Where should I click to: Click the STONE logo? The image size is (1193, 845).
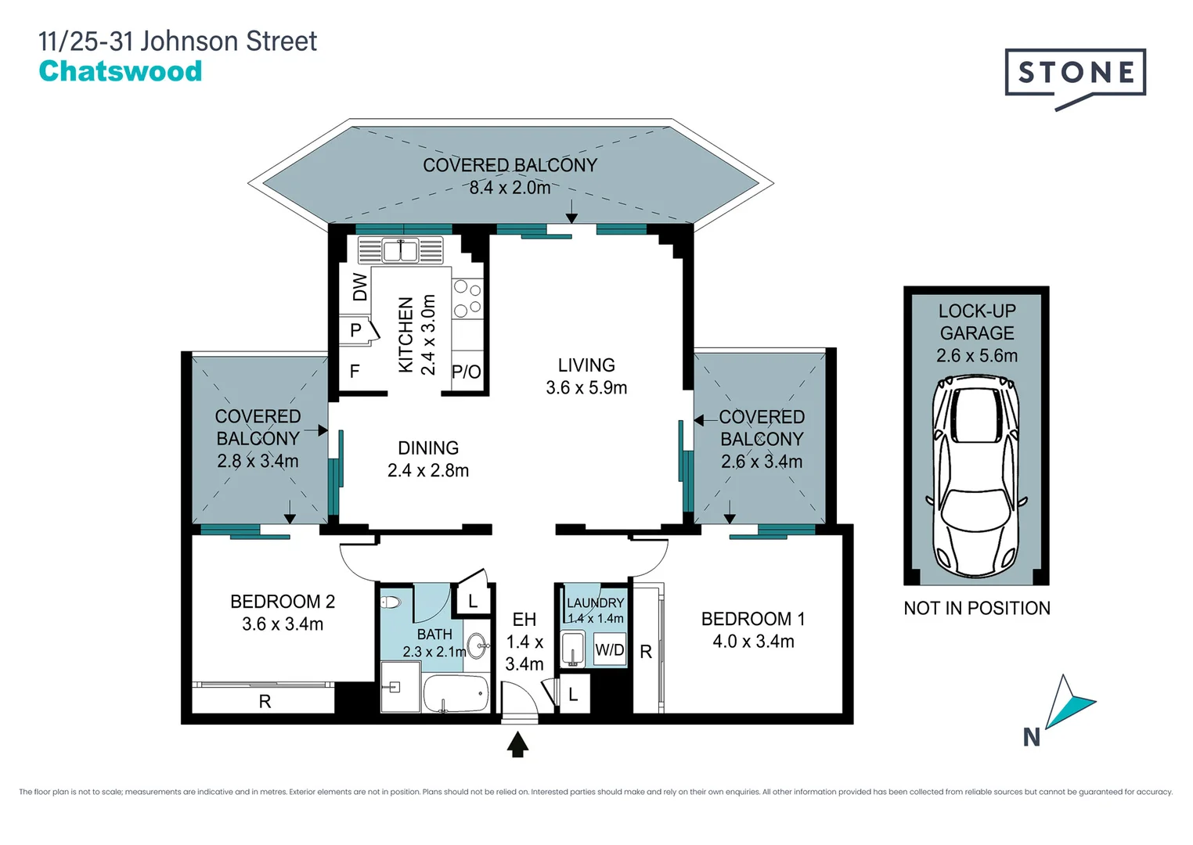point(1075,74)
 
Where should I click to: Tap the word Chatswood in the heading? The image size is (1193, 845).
point(121,71)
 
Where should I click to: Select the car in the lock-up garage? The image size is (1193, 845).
point(975,476)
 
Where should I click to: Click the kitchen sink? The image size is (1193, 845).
point(400,251)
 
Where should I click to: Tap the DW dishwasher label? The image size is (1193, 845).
point(359,287)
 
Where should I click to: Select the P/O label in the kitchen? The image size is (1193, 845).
point(467,372)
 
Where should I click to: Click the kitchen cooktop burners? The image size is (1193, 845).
point(467,299)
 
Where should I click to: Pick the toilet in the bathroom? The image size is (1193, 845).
point(391,602)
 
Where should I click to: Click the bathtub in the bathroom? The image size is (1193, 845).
point(456,693)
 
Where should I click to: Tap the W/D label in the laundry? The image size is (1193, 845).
point(609,650)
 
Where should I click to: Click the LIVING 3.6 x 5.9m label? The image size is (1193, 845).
point(586,376)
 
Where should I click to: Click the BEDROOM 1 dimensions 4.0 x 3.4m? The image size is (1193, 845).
point(753,642)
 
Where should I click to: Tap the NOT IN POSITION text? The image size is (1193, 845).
point(976,608)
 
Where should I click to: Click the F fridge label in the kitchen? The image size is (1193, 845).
point(355,372)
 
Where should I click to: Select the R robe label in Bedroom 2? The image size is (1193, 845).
point(265,702)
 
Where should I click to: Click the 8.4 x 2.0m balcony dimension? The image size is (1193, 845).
point(510,188)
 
